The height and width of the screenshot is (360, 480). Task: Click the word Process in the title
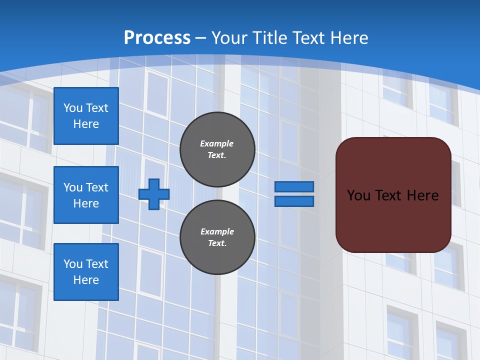click(157, 38)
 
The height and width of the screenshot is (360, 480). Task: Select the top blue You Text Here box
click(86, 116)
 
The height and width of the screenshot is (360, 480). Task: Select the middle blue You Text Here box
click(86, 195)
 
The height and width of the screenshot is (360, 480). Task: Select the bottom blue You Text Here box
click(86, 272)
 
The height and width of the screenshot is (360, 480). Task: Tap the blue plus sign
click(154, 194)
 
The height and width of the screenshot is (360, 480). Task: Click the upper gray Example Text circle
click(217, 149)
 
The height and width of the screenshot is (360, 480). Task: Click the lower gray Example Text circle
click(217, 237)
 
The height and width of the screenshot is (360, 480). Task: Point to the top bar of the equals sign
click(294, 187)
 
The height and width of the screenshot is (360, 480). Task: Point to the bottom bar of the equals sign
click(294, 201)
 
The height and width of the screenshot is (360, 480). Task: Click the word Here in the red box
click(422, 195)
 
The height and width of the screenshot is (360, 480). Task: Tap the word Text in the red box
click(388, 195)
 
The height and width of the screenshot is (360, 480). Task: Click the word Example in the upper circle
click(217, 143)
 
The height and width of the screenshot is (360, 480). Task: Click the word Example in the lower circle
click(217, 231)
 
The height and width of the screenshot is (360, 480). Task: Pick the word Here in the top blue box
click(86, 124)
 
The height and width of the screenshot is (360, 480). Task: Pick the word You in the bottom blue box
click(73, 264)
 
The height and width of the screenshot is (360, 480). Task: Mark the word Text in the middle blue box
click(96, 187)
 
